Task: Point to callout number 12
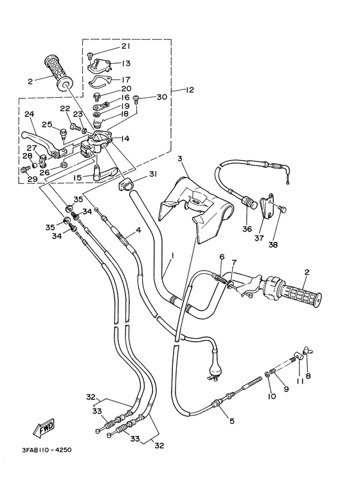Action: (190, 89)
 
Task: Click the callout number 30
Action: (161, 97)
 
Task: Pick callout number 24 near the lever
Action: (29, 114)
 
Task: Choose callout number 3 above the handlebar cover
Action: (181, 158)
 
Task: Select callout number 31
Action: (153, 174)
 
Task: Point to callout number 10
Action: (273, 397)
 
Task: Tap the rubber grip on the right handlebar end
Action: (301, 298)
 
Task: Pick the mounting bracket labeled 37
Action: (267, 207)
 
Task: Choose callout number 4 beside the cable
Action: (138, 230)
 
